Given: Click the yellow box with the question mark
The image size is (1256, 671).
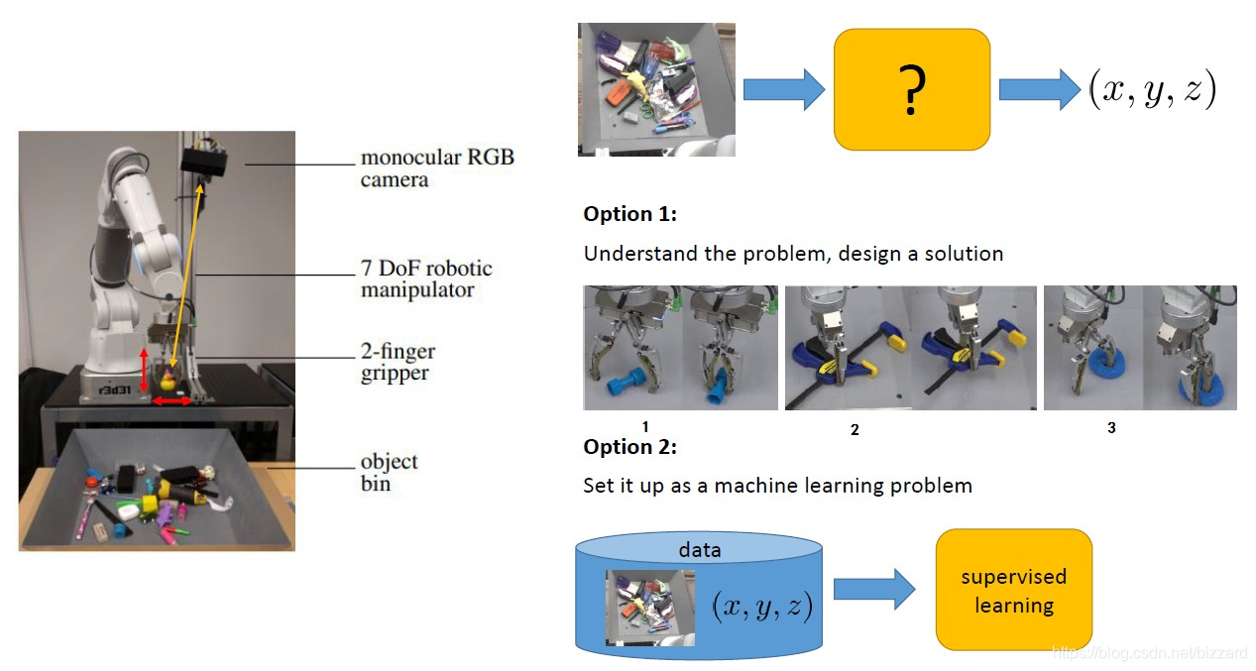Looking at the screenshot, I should click(912, 89).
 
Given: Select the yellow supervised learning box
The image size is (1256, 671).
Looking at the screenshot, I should click(1013, 590).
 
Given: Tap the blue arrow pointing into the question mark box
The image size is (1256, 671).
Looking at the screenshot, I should click(783, 90).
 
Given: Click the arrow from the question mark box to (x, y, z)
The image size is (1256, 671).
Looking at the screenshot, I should click(1039, 90).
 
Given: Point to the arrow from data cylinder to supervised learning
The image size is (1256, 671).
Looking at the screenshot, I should click(873, 590).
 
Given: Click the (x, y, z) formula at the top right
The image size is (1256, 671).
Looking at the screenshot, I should click(1152, 91).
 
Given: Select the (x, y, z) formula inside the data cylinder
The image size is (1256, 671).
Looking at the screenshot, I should click(762, 606).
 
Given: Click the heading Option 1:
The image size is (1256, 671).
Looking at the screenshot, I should click(629, 214).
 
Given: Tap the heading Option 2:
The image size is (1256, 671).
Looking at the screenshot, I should click(629, 447).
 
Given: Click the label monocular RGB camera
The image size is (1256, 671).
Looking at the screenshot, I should click(437, 168).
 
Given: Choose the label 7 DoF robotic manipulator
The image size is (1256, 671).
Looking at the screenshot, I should click(426, 280).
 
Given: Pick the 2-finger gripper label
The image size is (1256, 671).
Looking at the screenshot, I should click(398, 362).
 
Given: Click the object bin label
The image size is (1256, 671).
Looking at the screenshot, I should click(389, 473).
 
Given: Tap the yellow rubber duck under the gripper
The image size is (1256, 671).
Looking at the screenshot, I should click(169, 382).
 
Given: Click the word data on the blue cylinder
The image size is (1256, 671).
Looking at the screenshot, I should click(699, 549).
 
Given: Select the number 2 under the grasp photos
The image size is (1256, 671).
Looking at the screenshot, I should click(855, 430).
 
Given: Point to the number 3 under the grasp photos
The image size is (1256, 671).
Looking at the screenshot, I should click(1111, 428).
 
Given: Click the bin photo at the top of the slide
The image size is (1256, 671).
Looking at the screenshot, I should click(656, 90).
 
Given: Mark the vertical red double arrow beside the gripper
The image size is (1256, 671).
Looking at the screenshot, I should click(144, 370).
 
